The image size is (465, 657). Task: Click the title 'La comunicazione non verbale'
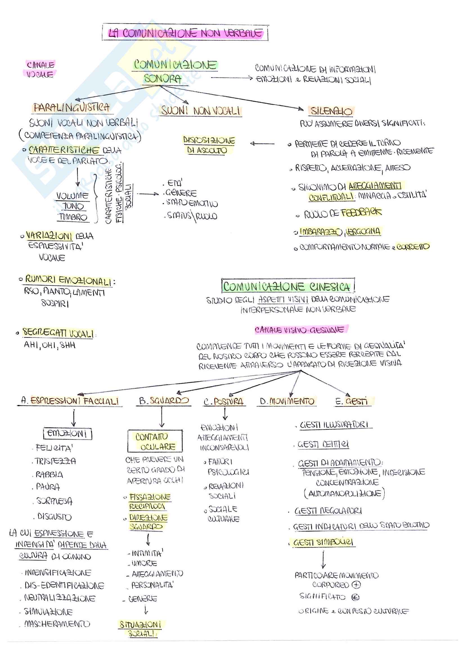click(185, 33)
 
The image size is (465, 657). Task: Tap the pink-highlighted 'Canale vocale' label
click(40, 69)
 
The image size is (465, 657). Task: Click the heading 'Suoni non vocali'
click(200, 111)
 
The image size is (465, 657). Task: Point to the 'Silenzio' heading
click(331, 111)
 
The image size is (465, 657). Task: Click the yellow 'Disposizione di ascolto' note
click(208, 145)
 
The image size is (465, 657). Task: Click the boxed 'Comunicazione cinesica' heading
click(287, 286)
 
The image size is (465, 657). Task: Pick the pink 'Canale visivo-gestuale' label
click(300, 330)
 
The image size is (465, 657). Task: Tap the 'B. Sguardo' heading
click(164, 401)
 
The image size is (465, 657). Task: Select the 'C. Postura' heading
click(224, 402)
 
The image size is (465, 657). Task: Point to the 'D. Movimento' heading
click(287, 401)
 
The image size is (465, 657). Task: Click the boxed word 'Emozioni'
click(67, 433)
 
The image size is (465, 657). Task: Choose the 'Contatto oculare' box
click(155, 442)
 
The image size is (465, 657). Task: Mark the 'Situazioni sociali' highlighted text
click(141, 629)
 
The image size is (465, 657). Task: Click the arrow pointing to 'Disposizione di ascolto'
click(262, 144)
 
